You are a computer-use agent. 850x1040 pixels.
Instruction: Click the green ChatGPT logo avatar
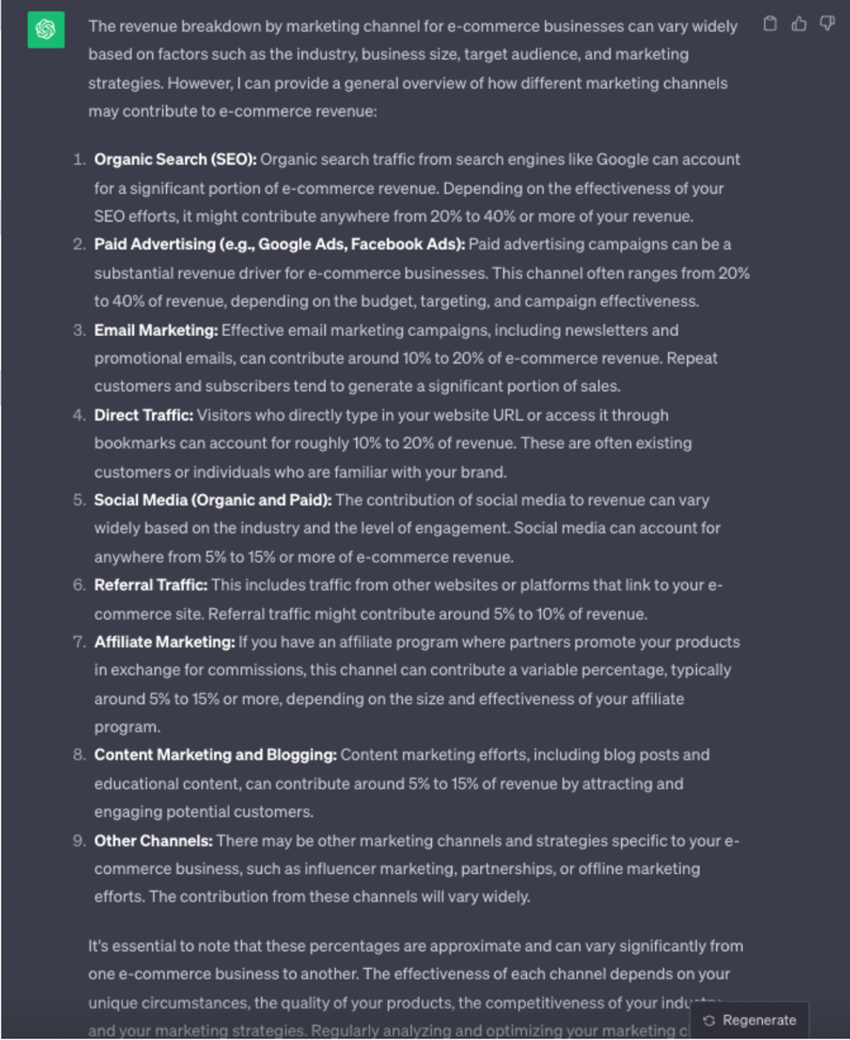coord(46,30)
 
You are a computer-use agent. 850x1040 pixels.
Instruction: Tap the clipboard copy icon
coord(770,24)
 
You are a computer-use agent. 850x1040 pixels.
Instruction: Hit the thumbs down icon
coord(827,24)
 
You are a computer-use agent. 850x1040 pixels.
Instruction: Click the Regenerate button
coord(750,1020)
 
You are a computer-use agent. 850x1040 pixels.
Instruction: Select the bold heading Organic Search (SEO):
coord(175,160)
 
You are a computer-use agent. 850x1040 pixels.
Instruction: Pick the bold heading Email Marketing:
coord(155,331)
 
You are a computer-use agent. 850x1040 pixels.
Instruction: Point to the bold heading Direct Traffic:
coord(143,416)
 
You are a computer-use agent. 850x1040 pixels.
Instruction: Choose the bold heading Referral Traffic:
coord(151,586)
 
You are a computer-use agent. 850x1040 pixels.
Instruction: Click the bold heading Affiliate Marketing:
coord(164,642)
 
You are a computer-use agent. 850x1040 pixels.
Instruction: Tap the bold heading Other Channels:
coord(153,841)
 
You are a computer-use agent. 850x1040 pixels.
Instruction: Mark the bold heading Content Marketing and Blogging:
coord(215,755)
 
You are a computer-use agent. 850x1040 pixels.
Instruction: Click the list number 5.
coord(79,501)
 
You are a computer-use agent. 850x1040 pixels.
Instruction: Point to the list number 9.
coord(79,841)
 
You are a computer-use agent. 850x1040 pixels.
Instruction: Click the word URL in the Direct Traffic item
coord(508,416)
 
